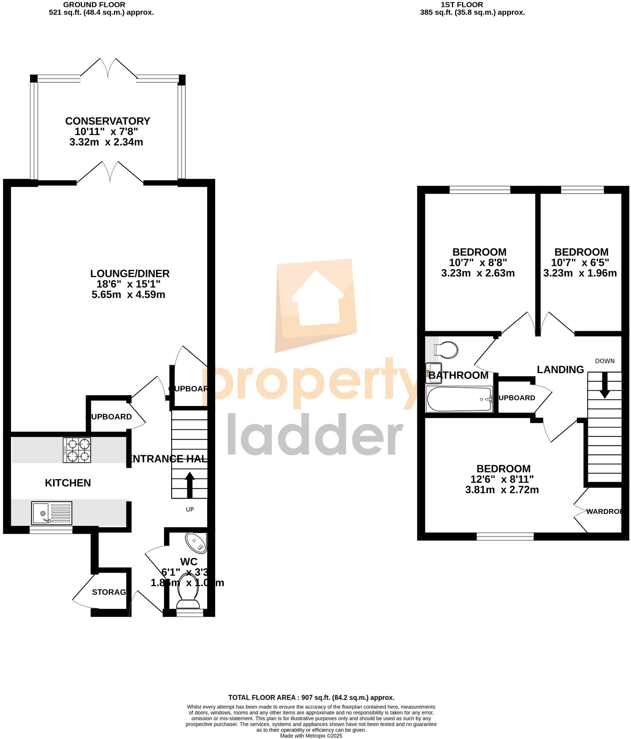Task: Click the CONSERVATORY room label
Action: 108,121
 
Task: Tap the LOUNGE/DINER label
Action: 130,274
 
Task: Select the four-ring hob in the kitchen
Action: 77,450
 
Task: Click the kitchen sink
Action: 52,513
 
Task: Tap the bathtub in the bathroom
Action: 459,399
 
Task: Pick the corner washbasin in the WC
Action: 196,543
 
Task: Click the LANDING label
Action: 560,370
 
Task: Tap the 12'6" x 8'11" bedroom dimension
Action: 502,479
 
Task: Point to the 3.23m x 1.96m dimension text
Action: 580,273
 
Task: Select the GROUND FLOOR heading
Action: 94,5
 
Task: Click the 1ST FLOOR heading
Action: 462,5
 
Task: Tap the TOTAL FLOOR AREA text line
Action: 311,698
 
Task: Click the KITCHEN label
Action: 68,483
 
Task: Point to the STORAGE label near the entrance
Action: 109,592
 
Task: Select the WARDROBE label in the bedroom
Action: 604,511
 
